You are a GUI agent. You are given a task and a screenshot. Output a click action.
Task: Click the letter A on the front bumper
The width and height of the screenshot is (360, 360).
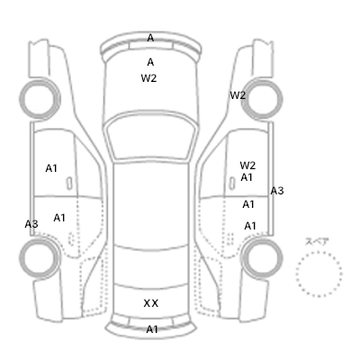click(150, 38)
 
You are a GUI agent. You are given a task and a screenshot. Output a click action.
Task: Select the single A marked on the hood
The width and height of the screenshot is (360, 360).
click(150, 62)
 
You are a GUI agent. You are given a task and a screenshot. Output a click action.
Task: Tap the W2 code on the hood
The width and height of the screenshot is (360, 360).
click(148, 78)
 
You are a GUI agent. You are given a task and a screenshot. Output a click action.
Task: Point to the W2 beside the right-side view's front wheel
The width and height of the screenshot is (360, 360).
click(238, 95)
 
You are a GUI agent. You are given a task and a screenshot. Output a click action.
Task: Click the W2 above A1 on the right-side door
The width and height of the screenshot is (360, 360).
click(247, 166)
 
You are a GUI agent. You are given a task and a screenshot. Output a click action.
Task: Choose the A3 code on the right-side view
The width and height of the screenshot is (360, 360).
click(277, 191)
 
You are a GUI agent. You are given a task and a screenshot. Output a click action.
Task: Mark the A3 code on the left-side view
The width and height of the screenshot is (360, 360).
click(31, 224)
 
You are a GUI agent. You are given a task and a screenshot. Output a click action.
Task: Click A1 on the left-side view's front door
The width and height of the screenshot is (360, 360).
click(51, 168)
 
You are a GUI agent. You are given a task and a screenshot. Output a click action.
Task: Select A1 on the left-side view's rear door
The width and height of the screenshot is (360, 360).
click(59, 218)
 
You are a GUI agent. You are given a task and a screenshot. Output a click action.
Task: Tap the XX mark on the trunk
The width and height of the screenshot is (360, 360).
click(151, 303)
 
